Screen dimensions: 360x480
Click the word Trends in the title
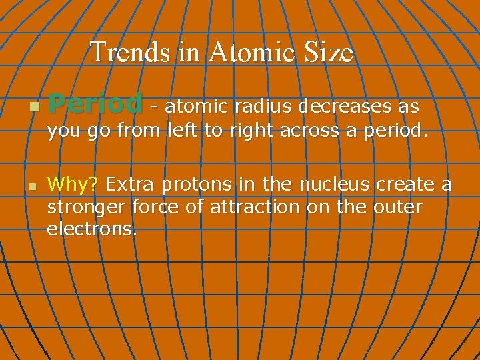coord(131,52)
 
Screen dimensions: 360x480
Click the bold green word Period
coord(95,105)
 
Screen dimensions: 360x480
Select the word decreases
coord(344,106)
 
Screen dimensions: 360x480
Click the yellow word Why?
coord(73,183)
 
